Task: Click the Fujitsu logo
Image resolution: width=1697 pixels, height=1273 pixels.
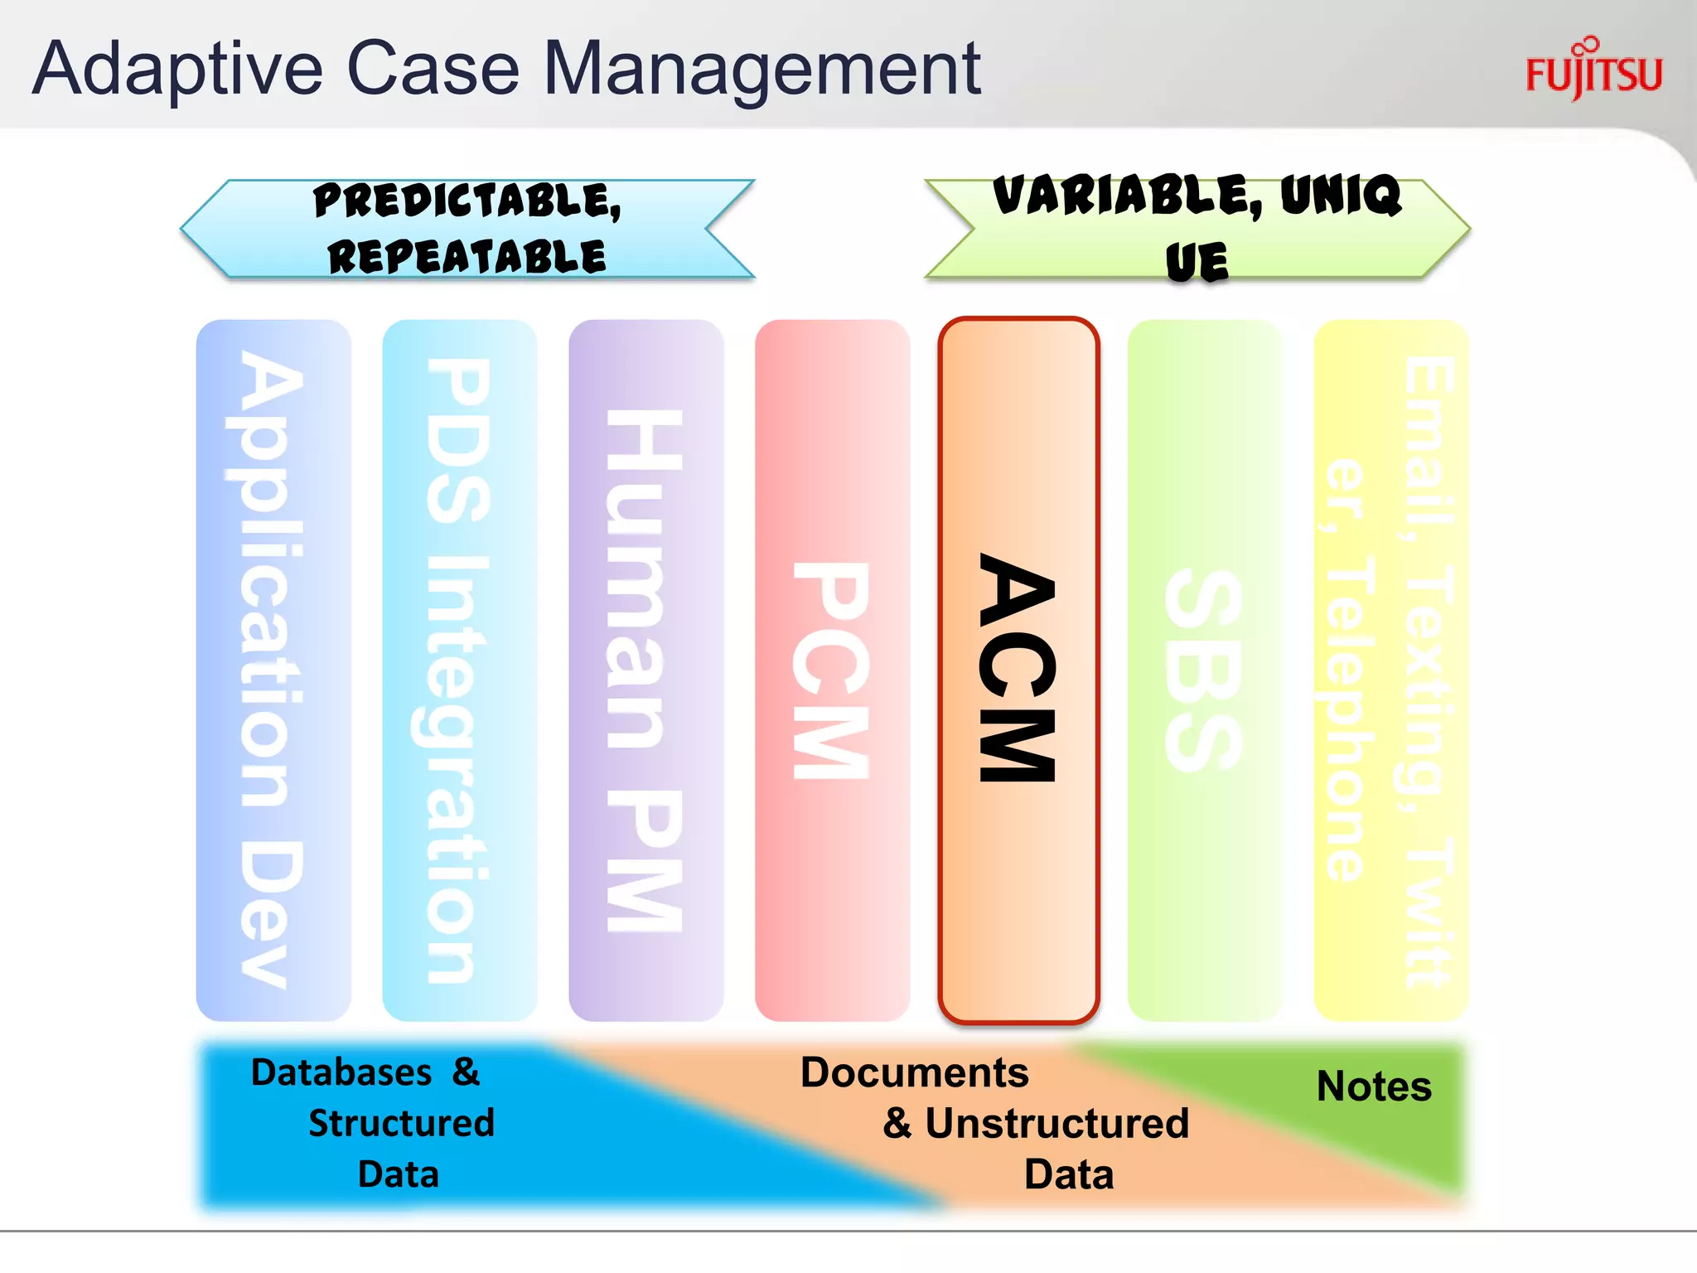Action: [x=1593, y=71]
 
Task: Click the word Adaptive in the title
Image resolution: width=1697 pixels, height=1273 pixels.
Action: [x=177, y=70]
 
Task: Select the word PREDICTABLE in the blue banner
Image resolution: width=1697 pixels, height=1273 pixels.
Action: [x=467, y=201]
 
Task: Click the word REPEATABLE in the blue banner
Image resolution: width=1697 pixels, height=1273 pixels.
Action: [x=467, y=256]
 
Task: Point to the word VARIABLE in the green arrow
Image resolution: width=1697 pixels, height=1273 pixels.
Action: [x=1127, y=196]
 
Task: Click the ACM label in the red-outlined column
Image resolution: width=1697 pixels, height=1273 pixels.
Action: [x=1018, y=668]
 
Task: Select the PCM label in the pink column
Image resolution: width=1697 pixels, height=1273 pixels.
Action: [x=831, y=670]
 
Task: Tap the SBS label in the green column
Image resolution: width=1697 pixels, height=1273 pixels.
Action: [x=1203, y=670]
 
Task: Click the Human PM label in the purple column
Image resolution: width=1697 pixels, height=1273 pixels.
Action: [x=645, y=670]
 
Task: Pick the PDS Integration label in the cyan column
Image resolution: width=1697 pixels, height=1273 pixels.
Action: [x=458, y=670]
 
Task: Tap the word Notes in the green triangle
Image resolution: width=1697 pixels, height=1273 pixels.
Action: [x=1373, y=1086]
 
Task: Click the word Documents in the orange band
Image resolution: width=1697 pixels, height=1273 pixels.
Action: [x=913, y=1072]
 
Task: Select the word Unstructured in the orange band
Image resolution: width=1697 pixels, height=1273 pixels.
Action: [x=1056, y=1124]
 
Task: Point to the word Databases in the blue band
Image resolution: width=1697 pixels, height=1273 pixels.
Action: [x=341, y=1072]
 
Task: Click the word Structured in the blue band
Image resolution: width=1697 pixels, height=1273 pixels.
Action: [x=401, y=1124]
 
